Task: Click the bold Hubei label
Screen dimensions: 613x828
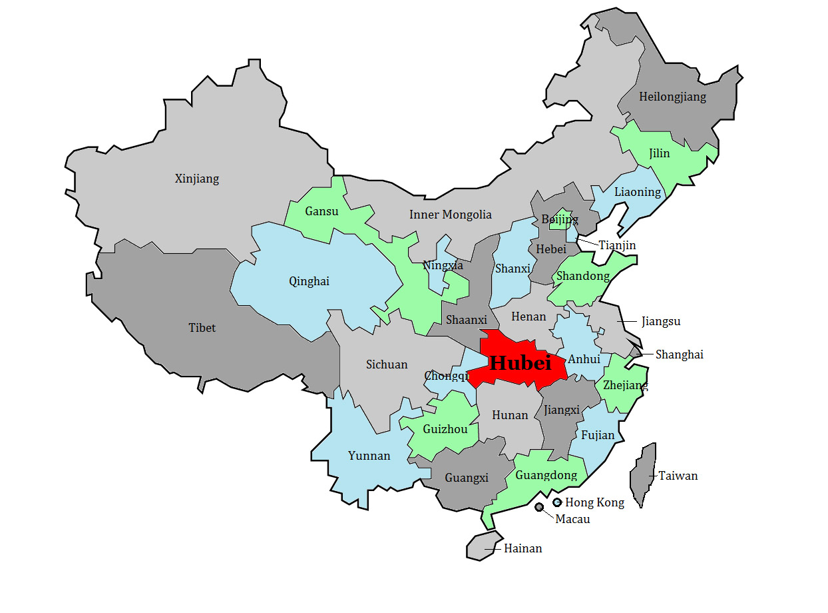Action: coord(520,363)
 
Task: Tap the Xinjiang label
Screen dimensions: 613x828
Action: coord(196,179)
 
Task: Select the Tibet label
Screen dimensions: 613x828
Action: coord(202,328)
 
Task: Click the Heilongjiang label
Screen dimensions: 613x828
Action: coord(672,97)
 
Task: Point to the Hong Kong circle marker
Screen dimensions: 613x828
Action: coord(557,502)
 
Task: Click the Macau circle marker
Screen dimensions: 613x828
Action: coord(538,508)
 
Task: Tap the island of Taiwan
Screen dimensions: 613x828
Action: coord(643,473)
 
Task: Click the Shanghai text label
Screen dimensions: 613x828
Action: coord(679,354)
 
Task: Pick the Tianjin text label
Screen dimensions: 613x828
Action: coord(617,245)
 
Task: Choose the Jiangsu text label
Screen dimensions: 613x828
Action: coord(661,321)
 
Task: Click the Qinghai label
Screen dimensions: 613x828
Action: coord(309,281)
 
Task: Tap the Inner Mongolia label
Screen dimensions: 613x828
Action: coord(450,215)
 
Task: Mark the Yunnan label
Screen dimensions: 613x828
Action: coord(369,456)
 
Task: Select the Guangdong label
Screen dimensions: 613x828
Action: coord(546,475)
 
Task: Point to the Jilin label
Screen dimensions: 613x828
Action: coord(659,153)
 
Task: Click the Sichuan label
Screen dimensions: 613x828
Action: coord(387,364)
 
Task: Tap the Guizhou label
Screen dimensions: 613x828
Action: coord(445,429)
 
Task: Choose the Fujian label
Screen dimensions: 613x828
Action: coord(598,435)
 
